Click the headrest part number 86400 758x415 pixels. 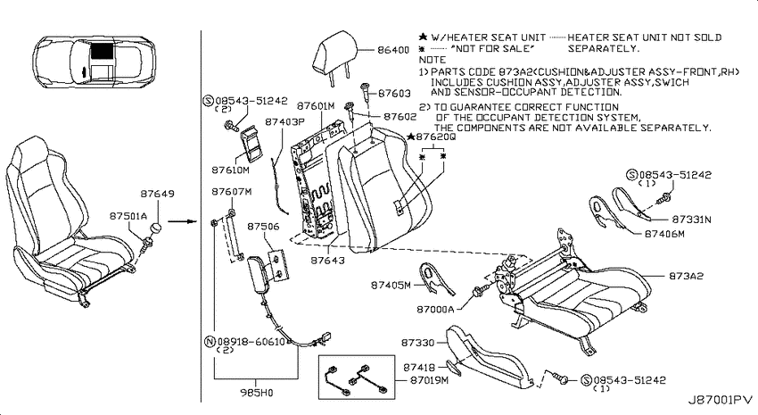tap(393, 50)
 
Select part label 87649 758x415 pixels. tap(157, 194)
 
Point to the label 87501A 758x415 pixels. tap(128, 216)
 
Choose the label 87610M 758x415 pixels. tap(231, 170)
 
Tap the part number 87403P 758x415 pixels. tap(284, 122)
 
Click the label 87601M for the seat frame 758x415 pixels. tap(316, 106)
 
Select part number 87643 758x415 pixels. tap(328, 261)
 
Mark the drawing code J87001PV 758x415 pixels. tap(721, 400)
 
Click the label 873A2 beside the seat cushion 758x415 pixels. tap(687, 276)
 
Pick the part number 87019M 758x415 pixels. tap(429, 380)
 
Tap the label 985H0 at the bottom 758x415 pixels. tap(257, 393)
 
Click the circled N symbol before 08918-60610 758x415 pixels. tap(210, 342)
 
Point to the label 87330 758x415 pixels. tap(417, 343)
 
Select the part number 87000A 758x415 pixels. tap(435, 309)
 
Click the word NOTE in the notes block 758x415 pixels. tap(433, 60)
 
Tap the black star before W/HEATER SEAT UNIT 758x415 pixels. tap(423, 37)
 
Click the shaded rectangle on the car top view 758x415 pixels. tap(103, 50)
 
